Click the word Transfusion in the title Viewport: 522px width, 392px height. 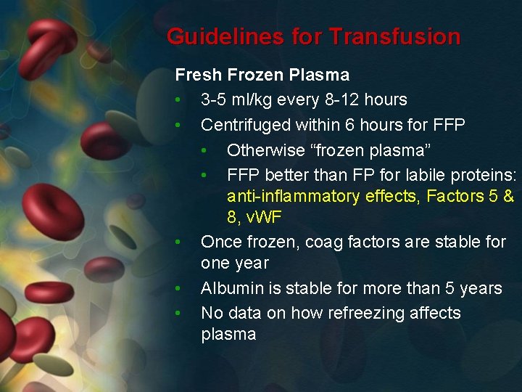(396, 36)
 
